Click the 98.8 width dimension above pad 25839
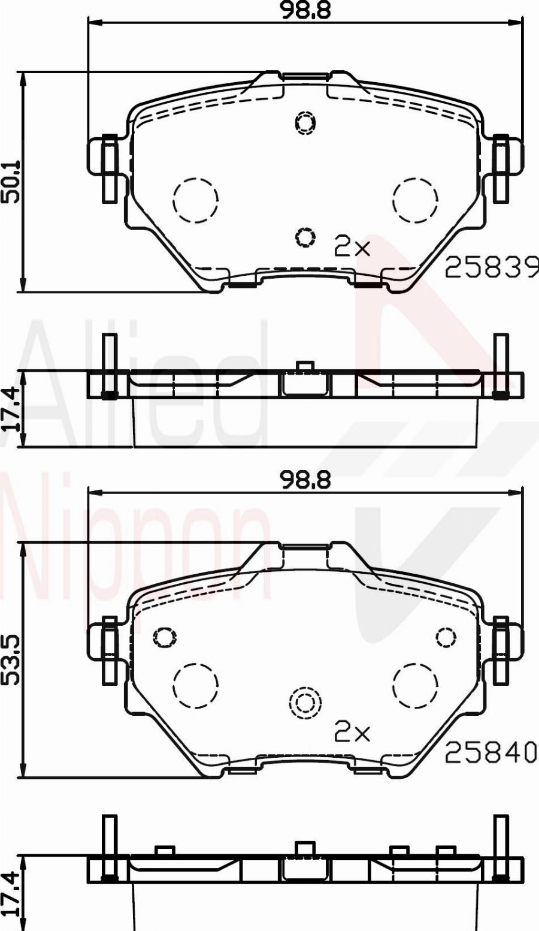pyautogui.click(x=306, y=10)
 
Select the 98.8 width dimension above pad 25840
pyautogui.click(x=306, y=480)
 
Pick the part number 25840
pyautogui.click(x=490, y=752)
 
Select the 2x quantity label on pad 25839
pyautogui.click(x=352, y=246)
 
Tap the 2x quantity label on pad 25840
pyautogui.click(x=352, y=731)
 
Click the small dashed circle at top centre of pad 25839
pyautogui.click(x=305, y=123)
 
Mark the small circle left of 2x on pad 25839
pyautogui.click(x=305, y=237)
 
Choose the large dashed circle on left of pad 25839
pyautogui.click(x=195, y=200)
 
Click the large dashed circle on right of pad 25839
pyautogui.click(x=415, y=200)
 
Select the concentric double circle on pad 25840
pyautogui.click(x=305, y=703)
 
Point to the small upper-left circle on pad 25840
pyautogui.click(x=165, y=637)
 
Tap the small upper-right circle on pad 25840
pyautogui.click(x=446, y=637)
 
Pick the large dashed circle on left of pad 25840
pyautogui.click(x=195, y=685)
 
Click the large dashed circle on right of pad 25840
pyautogui.click(x=415, y=685)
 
